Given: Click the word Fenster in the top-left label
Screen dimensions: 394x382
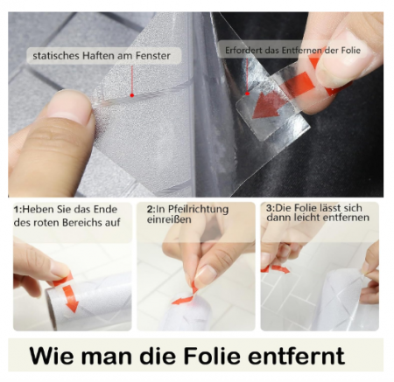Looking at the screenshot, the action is [x=152, y=56].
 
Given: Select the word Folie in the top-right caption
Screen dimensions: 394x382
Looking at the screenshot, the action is [x=350, y=50].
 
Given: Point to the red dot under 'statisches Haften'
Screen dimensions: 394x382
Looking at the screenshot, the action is [x=132, y=95].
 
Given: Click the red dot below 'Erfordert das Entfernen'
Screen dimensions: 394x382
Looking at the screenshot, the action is [x=248, y=94].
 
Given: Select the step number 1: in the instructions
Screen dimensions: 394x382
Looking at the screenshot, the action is [x=18, y=210].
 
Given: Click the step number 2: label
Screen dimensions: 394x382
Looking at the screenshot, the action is [x=151, y=209].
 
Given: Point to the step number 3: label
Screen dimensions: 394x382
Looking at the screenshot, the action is [x=271, y=208].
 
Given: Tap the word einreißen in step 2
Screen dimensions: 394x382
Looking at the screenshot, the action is [x=169, y=219].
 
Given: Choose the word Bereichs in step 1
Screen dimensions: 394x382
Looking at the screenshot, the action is [x=82, y=223].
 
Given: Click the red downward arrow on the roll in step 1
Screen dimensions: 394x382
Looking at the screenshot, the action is [x=70, y=298].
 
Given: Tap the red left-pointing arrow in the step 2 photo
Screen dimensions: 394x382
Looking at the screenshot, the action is [x=183, y=300].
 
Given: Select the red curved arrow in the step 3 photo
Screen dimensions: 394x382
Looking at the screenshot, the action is [x=276, y=268].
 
